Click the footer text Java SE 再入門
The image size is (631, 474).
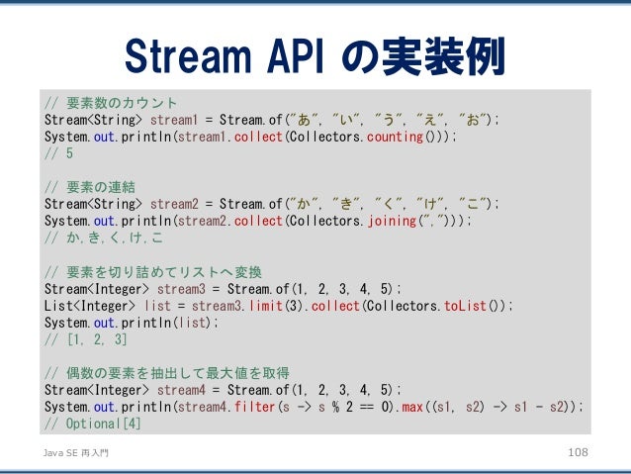pos(73,451)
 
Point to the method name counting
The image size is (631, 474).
pos(394,137)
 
